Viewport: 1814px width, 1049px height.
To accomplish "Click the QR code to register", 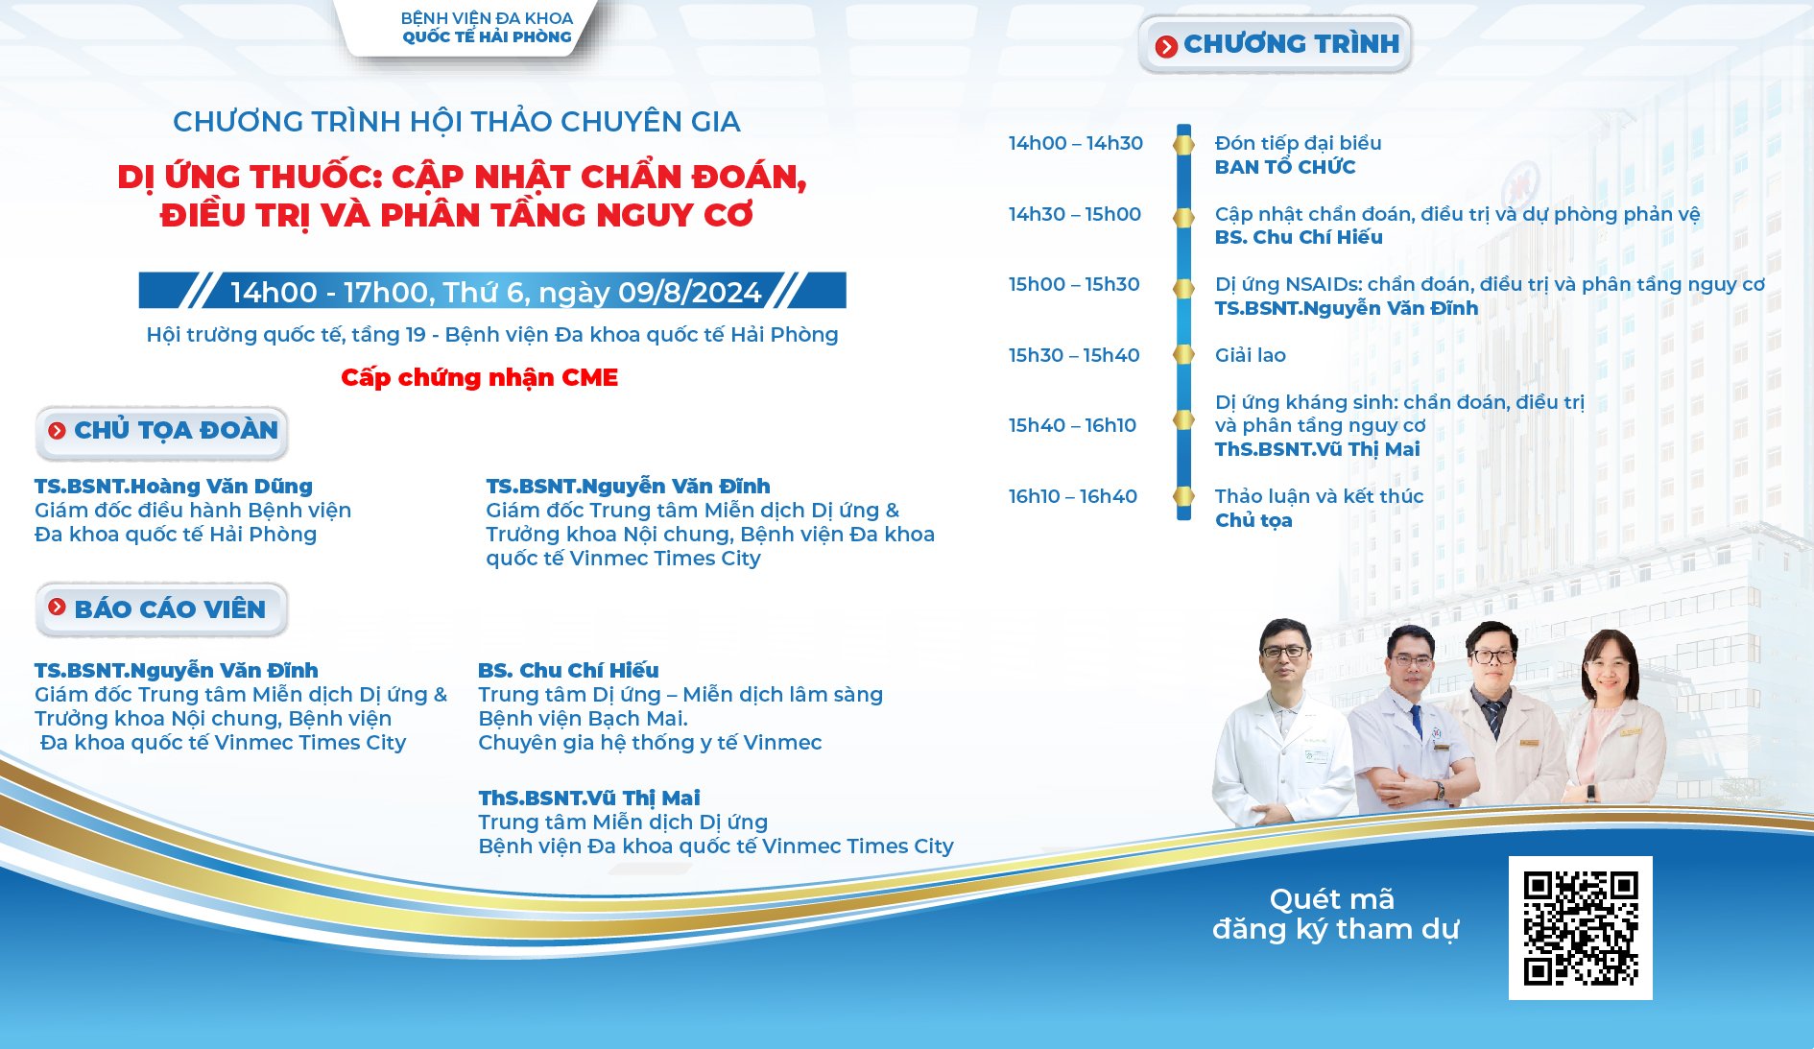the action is [x=1581, y=928].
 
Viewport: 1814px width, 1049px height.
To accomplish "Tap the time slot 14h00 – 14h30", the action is [x=1075, y=143].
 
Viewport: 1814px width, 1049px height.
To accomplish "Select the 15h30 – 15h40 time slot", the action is [x=1074, y=355].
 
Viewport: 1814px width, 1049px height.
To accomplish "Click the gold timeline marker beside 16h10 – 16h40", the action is [x=1184, y=496].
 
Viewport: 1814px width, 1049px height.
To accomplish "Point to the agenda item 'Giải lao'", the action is [x=1250, y=355].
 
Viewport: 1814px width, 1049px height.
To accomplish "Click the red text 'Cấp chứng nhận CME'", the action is [x=479, y=377].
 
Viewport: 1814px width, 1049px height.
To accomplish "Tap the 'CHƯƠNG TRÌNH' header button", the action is [x=1276, y=44].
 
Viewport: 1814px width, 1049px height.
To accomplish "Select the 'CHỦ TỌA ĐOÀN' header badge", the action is [x=162, y=431].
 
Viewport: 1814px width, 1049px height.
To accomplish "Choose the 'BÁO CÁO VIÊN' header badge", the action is [x=162, y=609].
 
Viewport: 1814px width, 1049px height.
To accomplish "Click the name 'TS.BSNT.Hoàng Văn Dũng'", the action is [x=174, y=487].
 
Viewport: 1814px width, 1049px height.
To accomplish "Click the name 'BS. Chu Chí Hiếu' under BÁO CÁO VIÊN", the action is [x=568, y=670].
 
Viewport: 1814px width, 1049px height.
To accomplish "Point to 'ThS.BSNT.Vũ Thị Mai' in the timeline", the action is [x=1317, y=449].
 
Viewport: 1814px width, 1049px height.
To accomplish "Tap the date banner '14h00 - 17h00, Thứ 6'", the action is [x=492, y=291].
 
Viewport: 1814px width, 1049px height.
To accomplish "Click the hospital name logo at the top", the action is [x=487, y=28].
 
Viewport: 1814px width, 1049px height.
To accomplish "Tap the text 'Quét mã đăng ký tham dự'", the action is [x=1335, y=915].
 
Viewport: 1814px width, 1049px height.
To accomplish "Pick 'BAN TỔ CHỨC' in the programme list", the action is [x=1285, y=167].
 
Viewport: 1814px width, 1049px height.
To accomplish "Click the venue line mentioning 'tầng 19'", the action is [x=492, y=335].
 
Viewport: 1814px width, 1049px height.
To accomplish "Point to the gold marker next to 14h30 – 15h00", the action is [x=1184, y=217].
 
